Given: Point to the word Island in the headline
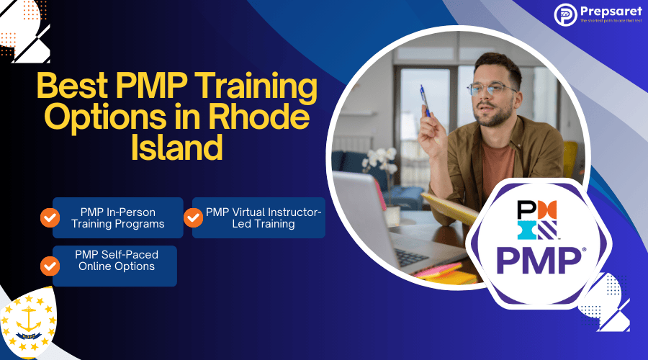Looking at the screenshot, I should (176, 148).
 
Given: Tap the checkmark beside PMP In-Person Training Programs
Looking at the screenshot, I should (49, 217).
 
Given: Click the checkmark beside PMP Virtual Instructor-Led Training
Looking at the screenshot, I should (193, 217).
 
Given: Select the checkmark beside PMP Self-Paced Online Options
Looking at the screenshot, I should (49, 266).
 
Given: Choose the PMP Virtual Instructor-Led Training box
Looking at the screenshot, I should (259, 217).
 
